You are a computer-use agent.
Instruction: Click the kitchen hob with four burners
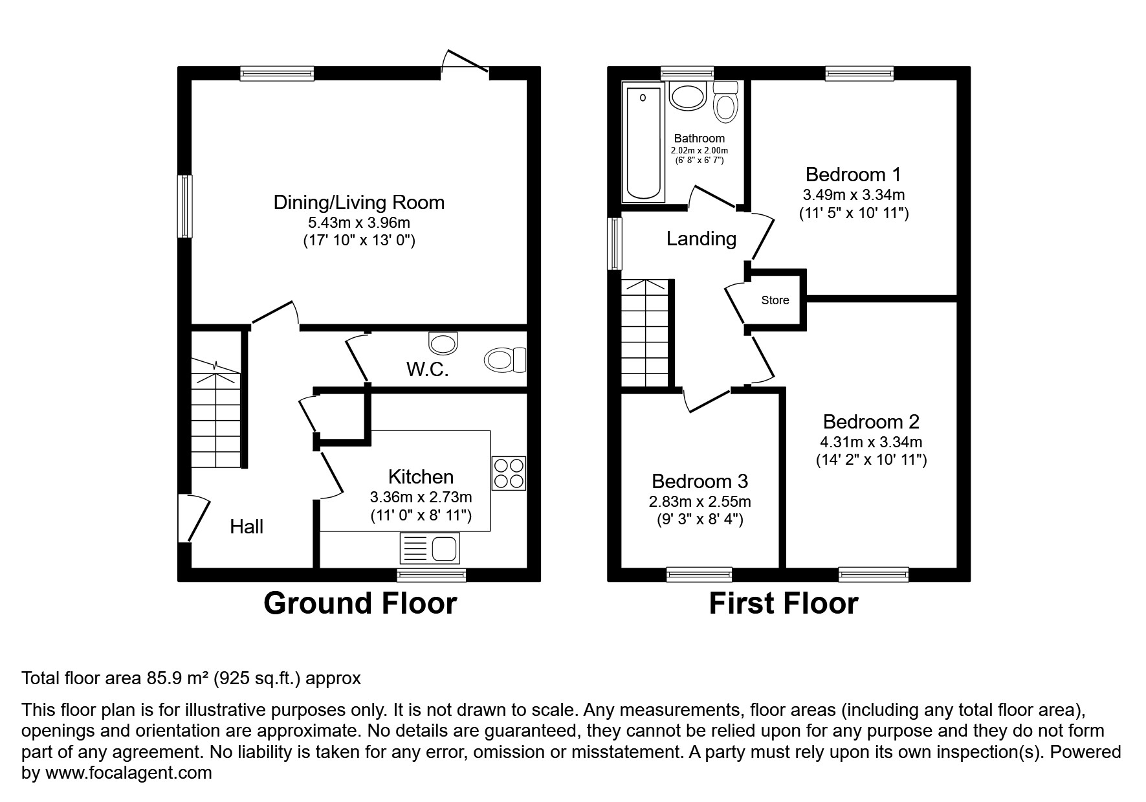coord(509,473)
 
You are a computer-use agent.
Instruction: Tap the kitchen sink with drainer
coord(430,548)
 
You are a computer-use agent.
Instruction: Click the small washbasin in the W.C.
coord(443,343)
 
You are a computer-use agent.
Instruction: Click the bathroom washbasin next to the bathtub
coord(687,97)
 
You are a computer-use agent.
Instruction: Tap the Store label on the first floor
coord(775,300)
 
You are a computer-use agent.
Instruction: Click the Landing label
coord(701,239)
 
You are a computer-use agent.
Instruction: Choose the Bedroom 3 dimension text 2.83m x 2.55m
coord(700,502)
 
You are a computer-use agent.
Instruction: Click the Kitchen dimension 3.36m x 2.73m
coord(421,497)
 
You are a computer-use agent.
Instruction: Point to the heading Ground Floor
coord(360,603)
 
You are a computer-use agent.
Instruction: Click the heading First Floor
coord(783,603)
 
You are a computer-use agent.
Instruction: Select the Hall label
coord(247,527)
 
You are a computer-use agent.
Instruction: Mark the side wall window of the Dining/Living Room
coord(185,206)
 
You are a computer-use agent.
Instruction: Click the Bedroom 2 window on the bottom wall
coord(873,574)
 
